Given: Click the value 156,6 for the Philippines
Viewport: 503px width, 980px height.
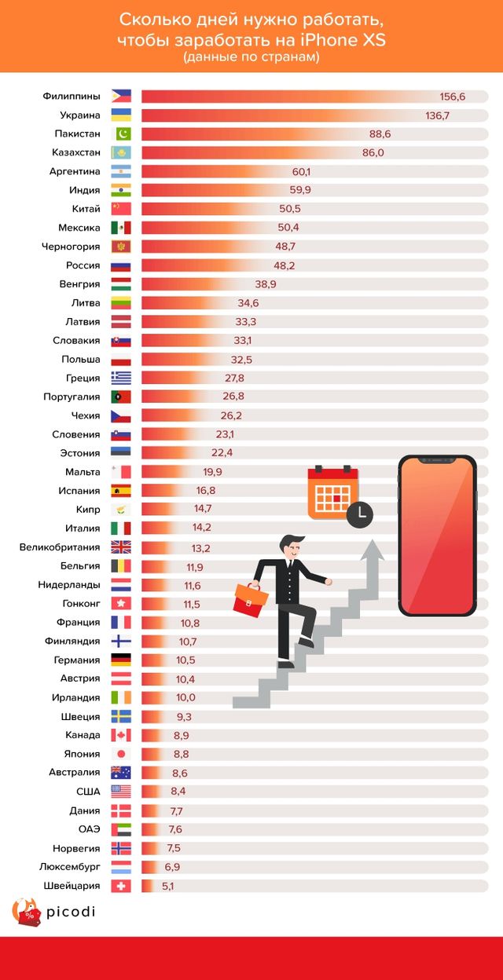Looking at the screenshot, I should pos(453,97).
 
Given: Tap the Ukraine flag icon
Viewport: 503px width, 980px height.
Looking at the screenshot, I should pos(121,115).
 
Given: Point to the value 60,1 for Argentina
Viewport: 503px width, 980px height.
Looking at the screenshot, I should pos(302,171).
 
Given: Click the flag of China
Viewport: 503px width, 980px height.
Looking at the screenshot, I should pos(121,209).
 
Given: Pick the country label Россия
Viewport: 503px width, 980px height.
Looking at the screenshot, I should pos(83,265).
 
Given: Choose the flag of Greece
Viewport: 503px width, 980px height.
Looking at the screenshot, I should pos(121,378).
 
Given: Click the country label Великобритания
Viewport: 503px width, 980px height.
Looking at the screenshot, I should pos(60,547).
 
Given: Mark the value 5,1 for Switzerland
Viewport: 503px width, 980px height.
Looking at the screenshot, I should pos(167,886).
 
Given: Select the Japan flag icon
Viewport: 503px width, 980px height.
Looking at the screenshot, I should pos(121,754).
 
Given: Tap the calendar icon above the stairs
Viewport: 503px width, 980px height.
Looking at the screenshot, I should pos(332,492).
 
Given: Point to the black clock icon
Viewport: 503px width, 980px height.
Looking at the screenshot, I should pos(359,512).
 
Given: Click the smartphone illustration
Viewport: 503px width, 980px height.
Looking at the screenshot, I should pos(437,536).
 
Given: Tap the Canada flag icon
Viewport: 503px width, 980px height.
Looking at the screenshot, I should pos(121,735).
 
